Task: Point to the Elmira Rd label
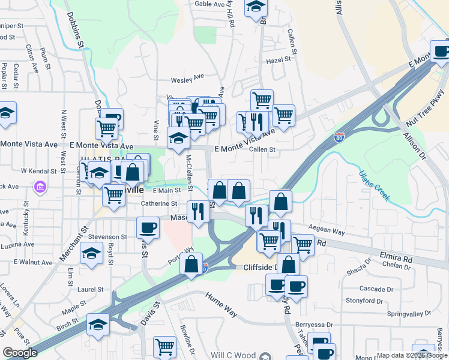395,257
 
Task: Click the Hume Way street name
221,304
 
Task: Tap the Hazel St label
278,60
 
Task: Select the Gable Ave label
209,4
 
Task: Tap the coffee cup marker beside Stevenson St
148,227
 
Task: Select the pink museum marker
40,187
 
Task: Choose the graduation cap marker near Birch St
98,325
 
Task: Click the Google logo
20,353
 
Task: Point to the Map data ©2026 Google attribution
411,355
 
